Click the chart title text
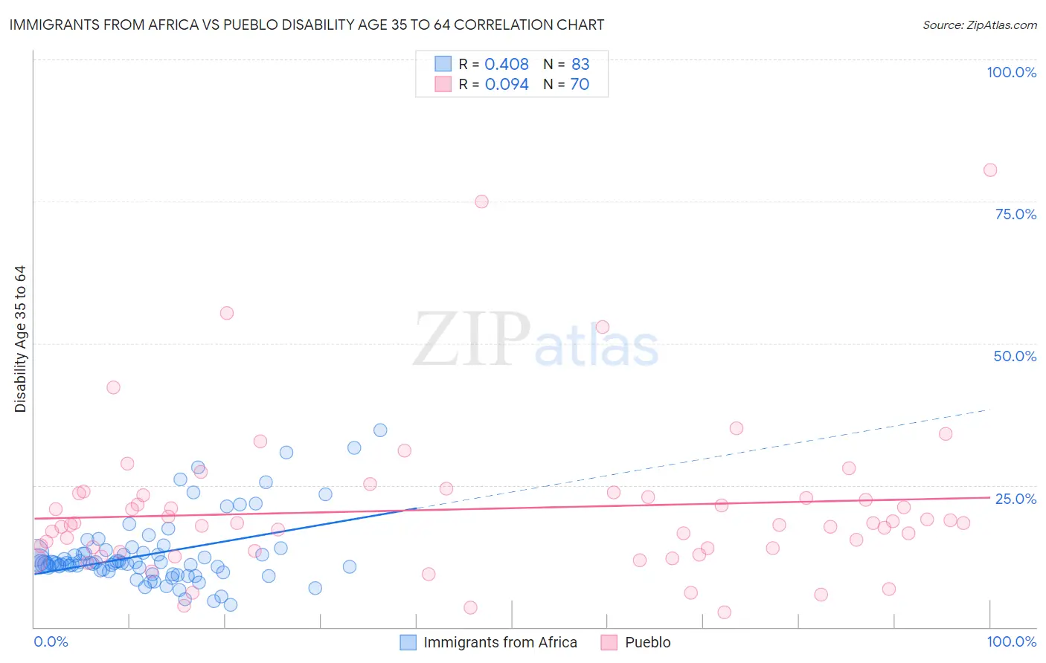(307, 25)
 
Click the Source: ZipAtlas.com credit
(979, 25)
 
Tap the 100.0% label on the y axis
(1011, 72)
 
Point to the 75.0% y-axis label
(1015, 214)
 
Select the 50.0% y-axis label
(1015, 356)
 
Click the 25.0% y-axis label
(1015, 498)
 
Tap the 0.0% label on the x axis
(51, 641)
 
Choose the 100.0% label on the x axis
(1011, 641)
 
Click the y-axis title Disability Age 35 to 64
(20, 339)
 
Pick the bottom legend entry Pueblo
(647, 642)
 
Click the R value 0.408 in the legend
(507, 65)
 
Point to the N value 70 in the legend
(580, 84)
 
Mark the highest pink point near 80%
(989, 170)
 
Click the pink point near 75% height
(481, 201)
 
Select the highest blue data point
(380, 430)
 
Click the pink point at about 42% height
(113, 387)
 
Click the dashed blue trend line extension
(707, 458)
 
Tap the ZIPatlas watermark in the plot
(536, 340)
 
